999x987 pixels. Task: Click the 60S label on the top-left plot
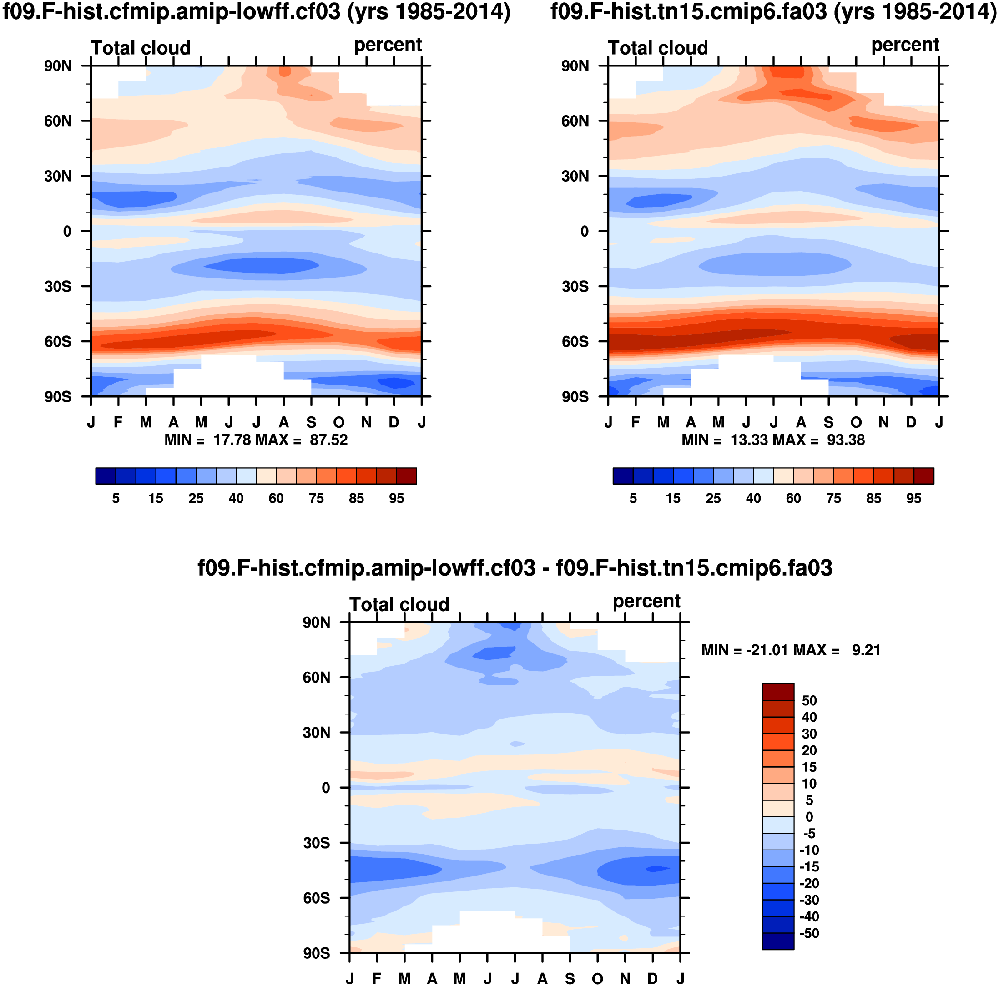click(x=58, y=342)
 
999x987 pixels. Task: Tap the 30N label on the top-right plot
click(x=575, y=177)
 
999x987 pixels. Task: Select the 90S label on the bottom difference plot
click(x=317, y=953)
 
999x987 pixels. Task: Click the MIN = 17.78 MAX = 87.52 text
click(x=256, y=440)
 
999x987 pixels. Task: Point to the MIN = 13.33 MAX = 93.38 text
click(x=773, y=440)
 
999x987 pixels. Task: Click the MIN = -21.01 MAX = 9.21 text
click(x=791, y=650)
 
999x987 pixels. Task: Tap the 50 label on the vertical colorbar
click(x=809, y=701)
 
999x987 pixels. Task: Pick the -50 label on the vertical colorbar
click(x=809, y=934)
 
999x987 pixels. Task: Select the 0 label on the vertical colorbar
click(x=809, y=817)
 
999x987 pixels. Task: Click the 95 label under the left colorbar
click(x=397, y=499)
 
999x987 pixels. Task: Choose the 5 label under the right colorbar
click(x=633, y=499)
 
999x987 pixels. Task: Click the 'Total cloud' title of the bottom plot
click(x=399, y=605)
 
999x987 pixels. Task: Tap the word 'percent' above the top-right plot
click(x=905, y=45)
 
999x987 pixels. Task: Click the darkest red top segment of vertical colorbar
click(x=778, y=692)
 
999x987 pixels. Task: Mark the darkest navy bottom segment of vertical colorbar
click(x=778, y=941)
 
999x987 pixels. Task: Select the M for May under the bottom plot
click(x=459, y=979)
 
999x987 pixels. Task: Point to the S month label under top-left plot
click(x=311, y=423)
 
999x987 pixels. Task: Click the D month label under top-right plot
click(x=911, y=423)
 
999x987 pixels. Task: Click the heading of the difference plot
click(x=515, y=568)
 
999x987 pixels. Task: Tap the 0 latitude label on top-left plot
click(x=67, y=232)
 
